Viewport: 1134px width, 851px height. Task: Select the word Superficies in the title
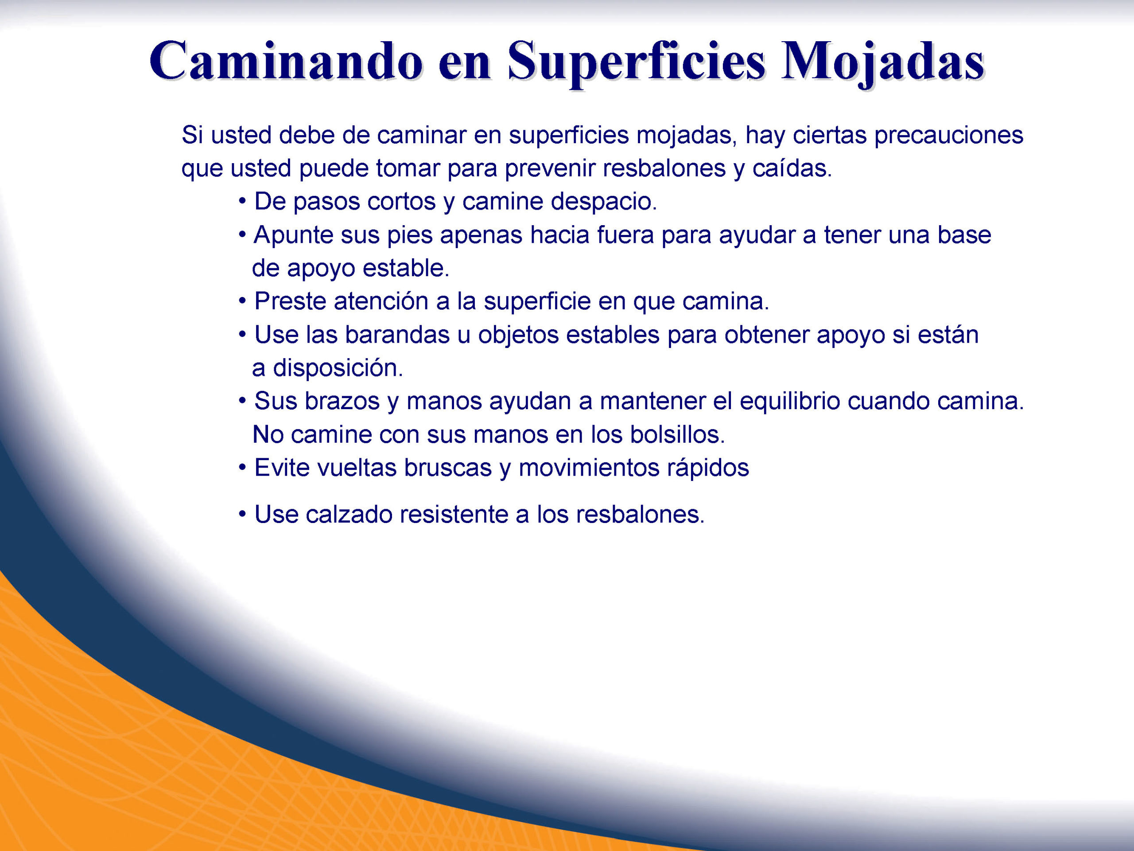tap(637, 62)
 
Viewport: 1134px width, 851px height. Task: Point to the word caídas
tap(792, 168)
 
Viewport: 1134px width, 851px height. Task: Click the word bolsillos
tap(677, 435)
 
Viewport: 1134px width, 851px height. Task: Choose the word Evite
tap(282, 468)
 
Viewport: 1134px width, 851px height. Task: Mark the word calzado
tap(349, 515)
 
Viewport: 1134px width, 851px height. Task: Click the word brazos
tap(342, 402)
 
